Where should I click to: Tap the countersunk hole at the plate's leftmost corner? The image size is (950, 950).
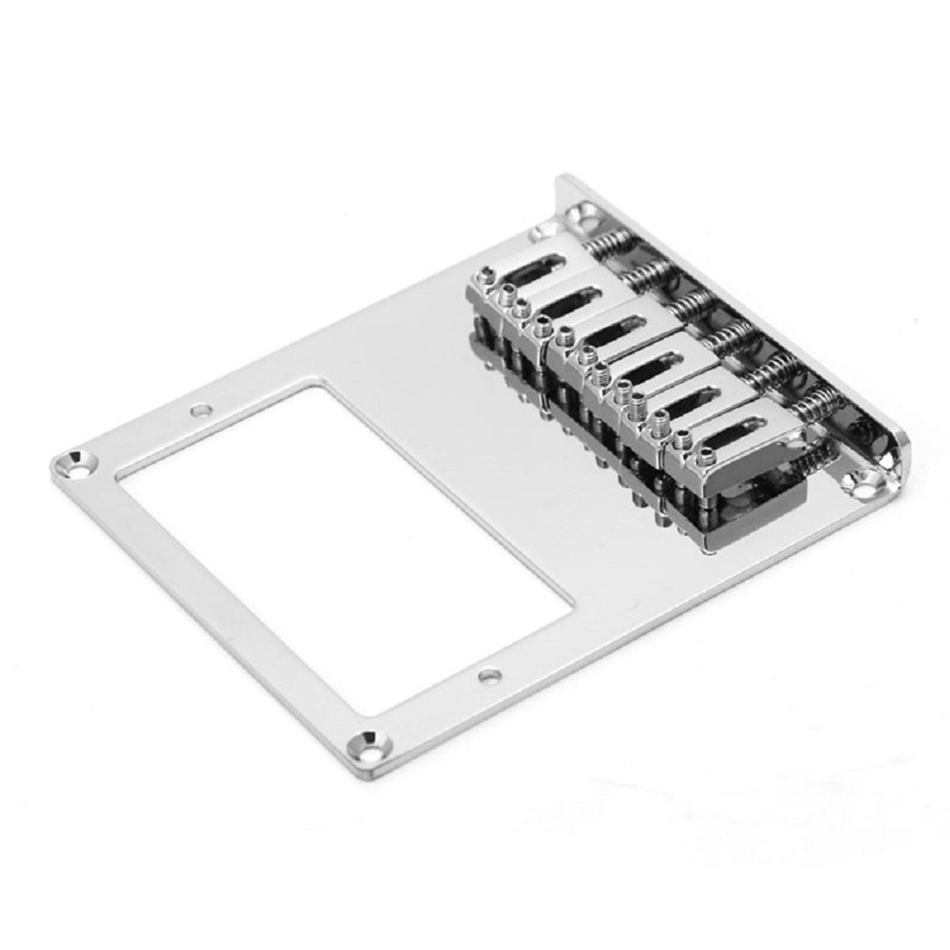(75, 464)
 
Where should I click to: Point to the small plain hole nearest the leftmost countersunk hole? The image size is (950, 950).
(199, 412)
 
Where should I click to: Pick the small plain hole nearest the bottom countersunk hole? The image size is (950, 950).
(489, 676)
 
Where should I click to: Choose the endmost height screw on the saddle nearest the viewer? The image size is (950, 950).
(682, 443)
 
